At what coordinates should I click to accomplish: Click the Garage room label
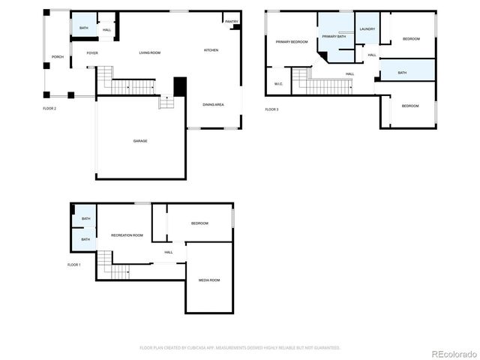point(139,141)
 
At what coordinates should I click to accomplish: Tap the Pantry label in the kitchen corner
point(231,22)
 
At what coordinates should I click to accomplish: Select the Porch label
point(57,57)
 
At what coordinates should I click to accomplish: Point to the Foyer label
point(92,52)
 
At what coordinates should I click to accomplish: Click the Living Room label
point(150,52)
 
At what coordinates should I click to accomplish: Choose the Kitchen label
point(211,50)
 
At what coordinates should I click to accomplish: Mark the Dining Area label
point(213,104)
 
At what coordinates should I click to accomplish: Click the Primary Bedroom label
point(292,42)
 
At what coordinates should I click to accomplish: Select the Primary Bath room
point(334,36)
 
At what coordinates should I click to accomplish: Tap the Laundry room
point(367,28)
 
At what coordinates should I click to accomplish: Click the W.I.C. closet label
point(278,83)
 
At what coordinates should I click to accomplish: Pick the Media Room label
point(208,280)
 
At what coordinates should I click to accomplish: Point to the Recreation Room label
point(127,235)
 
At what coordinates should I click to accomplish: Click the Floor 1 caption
point(73,265)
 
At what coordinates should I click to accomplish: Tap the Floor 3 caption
point(271,109)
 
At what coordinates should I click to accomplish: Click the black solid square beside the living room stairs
point(180,86)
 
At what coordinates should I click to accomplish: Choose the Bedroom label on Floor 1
point(199,223)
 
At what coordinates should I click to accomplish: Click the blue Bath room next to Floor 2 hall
point(82,28)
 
